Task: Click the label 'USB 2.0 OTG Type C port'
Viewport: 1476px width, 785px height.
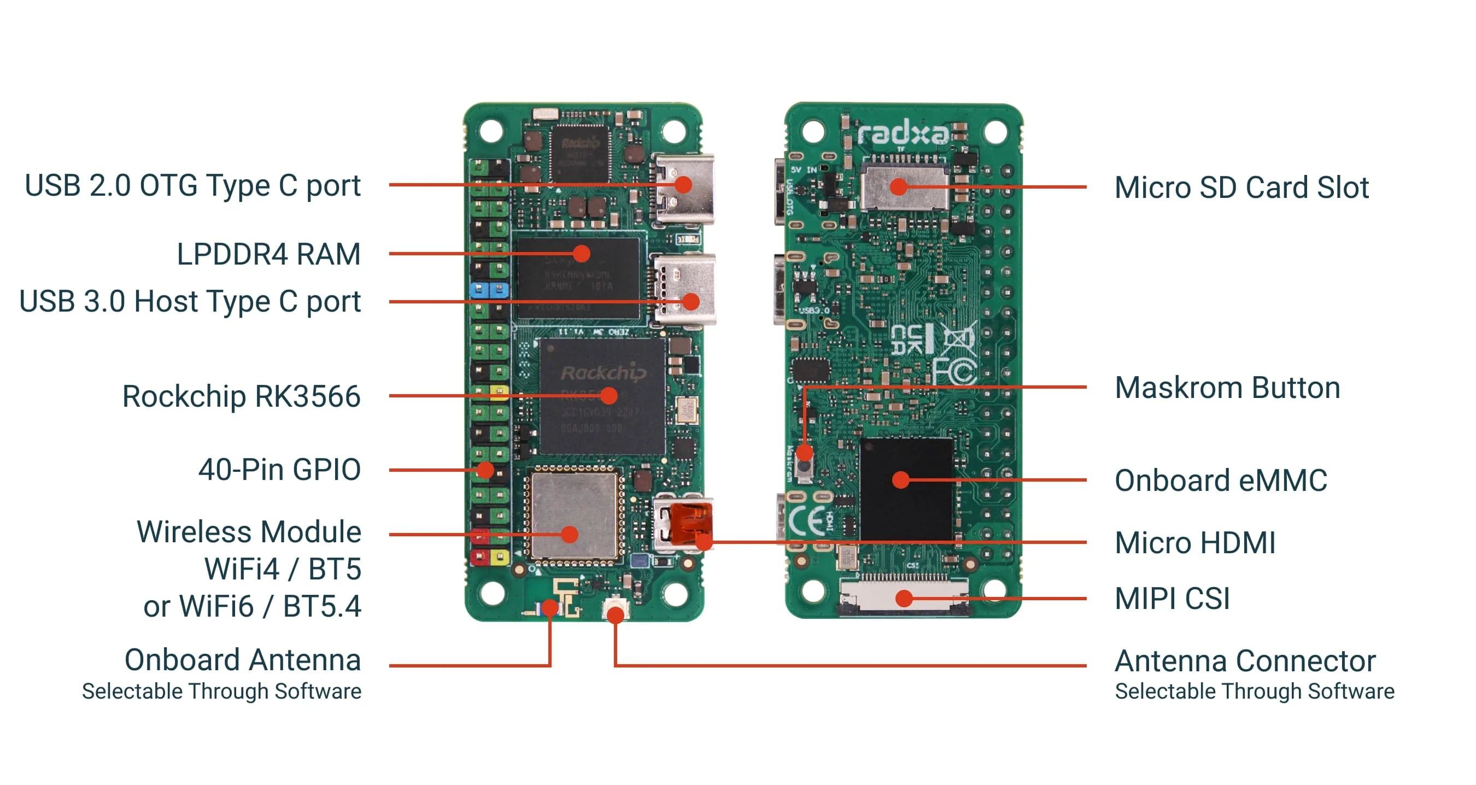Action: pyautogui.click(x=192, y=186)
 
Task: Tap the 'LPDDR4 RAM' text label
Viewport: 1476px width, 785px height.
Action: pyautogui.click(x=268, y=254)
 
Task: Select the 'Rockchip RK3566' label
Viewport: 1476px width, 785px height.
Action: pyautogui.click(x=241, y=396)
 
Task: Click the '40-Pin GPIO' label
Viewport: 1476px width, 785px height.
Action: pyautogui.click(x=279, y=469)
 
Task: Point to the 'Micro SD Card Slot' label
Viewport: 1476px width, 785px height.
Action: pyautogui.click(x=1241, y=188)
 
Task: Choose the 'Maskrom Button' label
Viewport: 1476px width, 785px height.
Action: pyautogui.click(x=1227, y=388)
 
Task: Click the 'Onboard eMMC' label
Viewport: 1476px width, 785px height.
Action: pyautogui.click(x=1221, y=480)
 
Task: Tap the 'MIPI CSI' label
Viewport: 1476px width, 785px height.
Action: pyautogui.click(x=1172, y=599)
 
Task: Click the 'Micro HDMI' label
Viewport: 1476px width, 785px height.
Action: pyautogui.click(x=1194, y=543)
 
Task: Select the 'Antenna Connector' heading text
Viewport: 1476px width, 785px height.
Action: pyautogui.click(x=1245, y=661)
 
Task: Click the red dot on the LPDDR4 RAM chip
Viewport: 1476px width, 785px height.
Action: pyautogui.click(x=582, y=253)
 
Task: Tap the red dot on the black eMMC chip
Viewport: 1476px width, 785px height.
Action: pyautogui.click(x=901, y=479)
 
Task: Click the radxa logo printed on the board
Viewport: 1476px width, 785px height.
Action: pyautogui.click(x=903, y=134)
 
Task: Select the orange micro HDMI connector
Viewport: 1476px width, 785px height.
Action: pyautogui.click(x=690, y=523)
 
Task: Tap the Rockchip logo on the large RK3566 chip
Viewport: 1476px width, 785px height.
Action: pyautogui.click(x=602, y=373)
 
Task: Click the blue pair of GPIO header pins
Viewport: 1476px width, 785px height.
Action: pyautogui.click(x=488, y=289)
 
